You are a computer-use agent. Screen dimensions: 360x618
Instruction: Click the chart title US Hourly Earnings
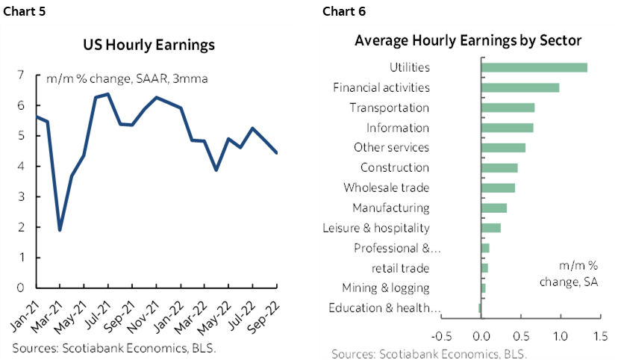coord(149,45)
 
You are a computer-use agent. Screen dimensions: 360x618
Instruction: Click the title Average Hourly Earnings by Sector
coord(468,40)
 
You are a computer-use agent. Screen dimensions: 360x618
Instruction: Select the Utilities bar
coord(534,67)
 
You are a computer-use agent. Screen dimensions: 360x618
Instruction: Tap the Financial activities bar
coord(520,87)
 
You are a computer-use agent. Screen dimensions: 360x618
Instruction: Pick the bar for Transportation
coord(508,108)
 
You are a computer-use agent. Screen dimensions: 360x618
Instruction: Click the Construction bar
coord(499,167)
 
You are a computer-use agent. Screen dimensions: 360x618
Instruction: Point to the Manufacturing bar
coord(494,208)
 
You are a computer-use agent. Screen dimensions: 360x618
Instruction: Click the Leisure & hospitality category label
coord(375,228)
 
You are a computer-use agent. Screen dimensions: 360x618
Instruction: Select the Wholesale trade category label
coord(386,187)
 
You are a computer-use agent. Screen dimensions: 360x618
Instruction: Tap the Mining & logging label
coord(385,288)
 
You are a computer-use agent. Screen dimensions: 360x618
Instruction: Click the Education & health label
coord(384,308)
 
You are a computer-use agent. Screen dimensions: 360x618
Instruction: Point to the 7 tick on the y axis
coord(21,75)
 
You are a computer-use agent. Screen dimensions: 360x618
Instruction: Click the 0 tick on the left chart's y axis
coord(21,288)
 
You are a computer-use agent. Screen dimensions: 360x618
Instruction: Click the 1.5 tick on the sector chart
coord(599,336)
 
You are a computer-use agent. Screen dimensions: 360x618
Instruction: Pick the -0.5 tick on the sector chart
coord(442,336)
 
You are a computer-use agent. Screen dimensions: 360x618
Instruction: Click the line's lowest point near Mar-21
coord(60,229)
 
